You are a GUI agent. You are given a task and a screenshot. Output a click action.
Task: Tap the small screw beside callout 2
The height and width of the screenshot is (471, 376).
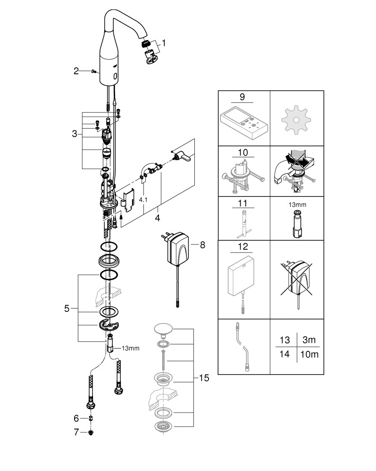point(93,71)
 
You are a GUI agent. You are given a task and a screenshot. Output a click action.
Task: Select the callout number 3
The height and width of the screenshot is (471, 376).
point(75,134)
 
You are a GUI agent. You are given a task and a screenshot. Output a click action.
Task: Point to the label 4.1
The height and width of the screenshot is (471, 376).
point(143,200)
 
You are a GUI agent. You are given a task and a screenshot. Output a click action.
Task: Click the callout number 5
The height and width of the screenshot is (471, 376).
point(67,309)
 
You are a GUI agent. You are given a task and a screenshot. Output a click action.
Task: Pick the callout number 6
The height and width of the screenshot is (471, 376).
point(76,417)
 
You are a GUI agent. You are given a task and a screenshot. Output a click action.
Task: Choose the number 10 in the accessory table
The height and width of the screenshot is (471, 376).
point(242,153)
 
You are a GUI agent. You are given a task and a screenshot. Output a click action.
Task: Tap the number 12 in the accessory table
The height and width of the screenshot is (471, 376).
point(242,246)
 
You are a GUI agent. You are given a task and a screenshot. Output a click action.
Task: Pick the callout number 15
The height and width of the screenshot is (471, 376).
point(204,377)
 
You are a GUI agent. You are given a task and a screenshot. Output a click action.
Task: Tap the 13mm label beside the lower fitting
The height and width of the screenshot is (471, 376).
point(131,349)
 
